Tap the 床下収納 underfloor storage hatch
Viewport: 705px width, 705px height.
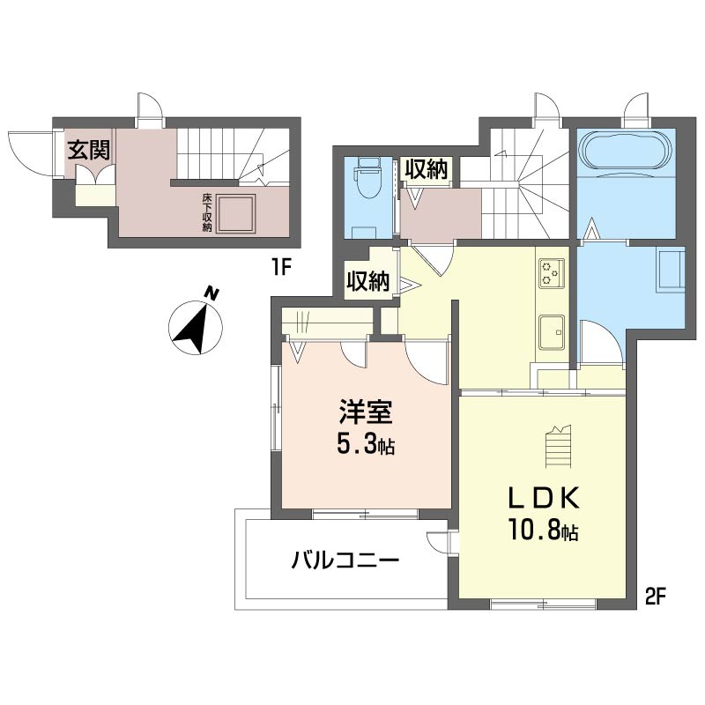235,213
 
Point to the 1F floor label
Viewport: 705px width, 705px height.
281,268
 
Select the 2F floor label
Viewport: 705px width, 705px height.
655,597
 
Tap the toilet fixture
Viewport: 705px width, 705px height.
367,176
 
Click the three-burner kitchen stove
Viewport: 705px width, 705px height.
552,273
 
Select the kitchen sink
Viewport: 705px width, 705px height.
552,332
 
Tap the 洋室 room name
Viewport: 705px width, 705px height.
366,412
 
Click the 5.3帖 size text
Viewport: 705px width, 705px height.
366,445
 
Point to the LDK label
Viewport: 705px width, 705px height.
543,498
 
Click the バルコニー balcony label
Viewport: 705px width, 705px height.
345,560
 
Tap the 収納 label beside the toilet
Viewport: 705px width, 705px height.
427,169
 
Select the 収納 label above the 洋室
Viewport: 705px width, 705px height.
367,282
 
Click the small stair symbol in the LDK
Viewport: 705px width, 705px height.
560,447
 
